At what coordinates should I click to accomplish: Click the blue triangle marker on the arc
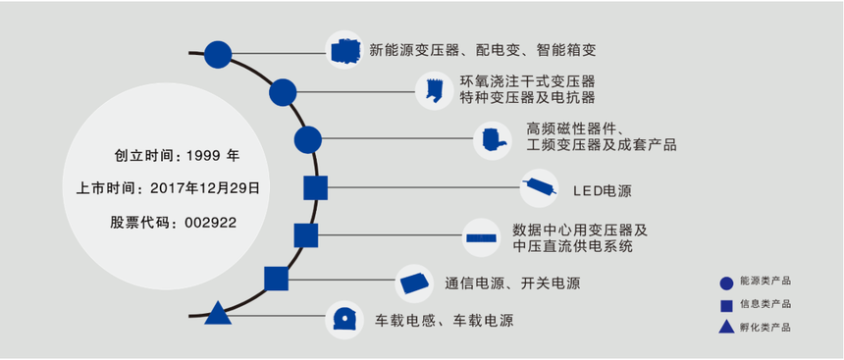tap(217, 314)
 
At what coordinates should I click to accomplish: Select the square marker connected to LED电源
tap(315, 188)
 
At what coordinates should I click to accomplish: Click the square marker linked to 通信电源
tap(277, 279)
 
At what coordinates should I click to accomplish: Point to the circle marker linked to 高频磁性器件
tap(307, 139)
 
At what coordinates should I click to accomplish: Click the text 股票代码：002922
tap(173, 223)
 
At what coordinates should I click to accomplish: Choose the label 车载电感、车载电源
tap(445, 320)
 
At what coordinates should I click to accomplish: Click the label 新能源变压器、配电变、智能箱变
tap(482, 50)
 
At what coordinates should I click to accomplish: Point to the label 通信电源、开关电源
tap(511, 283)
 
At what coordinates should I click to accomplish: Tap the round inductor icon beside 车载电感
tap(345, 318)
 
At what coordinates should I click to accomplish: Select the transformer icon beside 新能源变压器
tap(344, 50)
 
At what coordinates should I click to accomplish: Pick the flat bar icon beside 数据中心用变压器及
tap(480, 237)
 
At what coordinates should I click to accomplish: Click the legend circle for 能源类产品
tap(726, 283)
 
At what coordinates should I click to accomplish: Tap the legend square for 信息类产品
tap(726, 304)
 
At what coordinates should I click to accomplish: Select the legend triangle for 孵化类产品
tap(726, 326)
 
